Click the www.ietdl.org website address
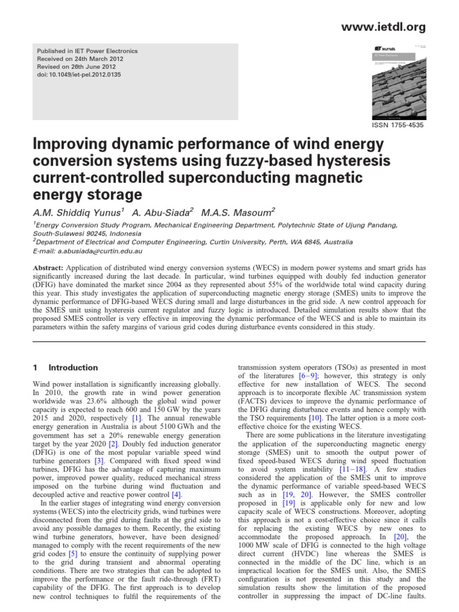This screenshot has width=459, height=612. click(391, 27)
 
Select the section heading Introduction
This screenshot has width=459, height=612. click(73, 368)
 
